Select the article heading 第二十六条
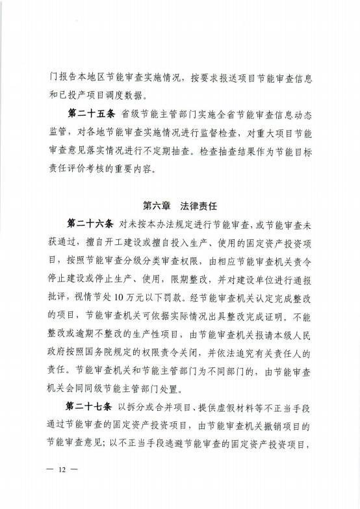[90, 223]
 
